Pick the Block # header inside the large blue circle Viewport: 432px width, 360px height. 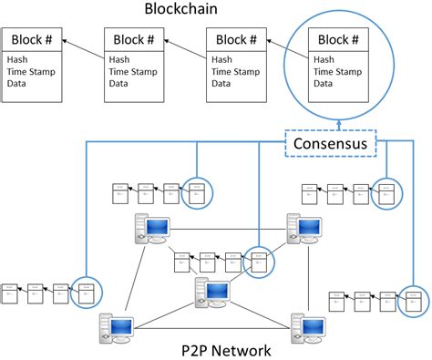tap(339, 39)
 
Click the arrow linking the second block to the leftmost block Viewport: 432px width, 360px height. tap(87, 49)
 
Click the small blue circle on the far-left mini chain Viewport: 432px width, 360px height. tap(87, 292)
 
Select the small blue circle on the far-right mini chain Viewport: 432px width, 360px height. tap(412, 300)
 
